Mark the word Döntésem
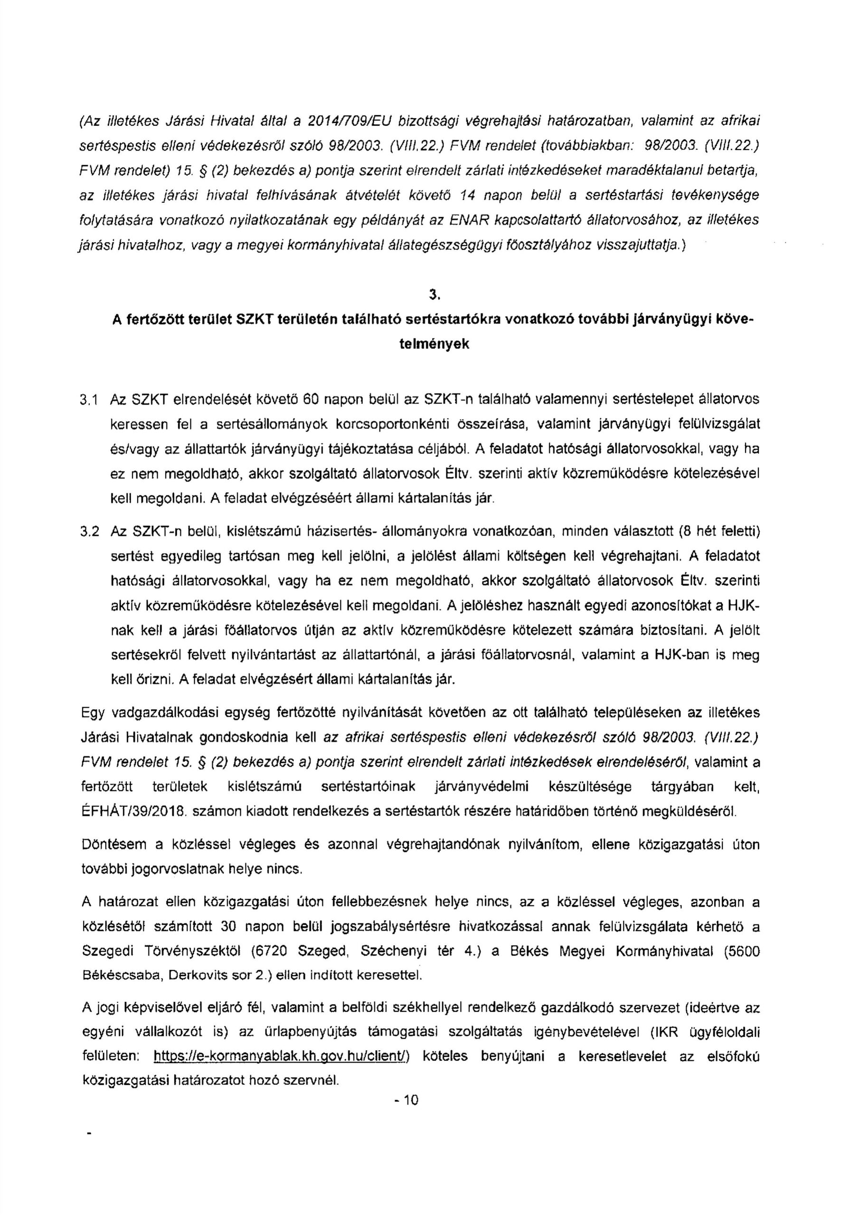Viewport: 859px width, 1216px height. [113, 845]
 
